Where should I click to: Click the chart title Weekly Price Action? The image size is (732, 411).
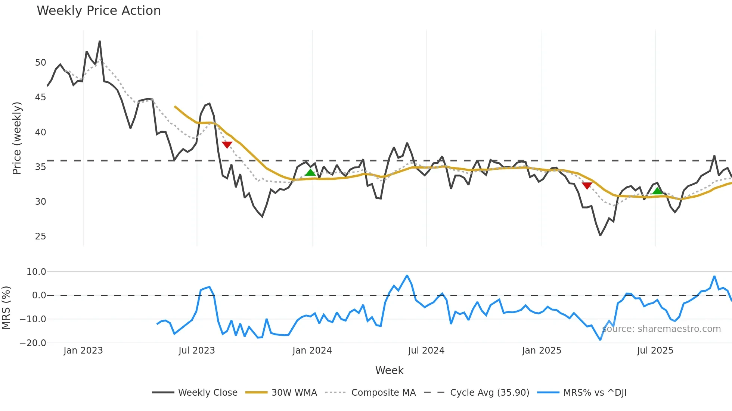click(99, 11)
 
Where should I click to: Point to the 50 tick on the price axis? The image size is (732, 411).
click(40, 63)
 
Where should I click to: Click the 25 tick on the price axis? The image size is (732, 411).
click(40, 236)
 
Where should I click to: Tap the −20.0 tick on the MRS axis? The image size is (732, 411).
click(33, 343)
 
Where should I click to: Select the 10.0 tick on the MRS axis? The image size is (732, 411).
click(36, 272)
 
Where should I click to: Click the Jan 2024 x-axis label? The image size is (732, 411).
click(312, 351)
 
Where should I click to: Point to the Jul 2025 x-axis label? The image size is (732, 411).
click(655, 351)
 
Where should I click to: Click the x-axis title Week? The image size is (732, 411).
click(389, 370)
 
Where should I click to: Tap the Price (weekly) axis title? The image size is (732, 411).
click(17, 138)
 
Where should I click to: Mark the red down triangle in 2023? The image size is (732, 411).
click(227, 145)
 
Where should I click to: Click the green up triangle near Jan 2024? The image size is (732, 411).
click(310, 172)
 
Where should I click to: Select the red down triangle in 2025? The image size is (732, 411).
click(587, 185)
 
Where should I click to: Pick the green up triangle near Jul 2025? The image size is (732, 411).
click(657, 191)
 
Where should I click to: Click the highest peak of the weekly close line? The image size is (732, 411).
click(100, 41)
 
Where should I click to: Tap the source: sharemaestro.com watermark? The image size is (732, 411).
click(661, 329)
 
